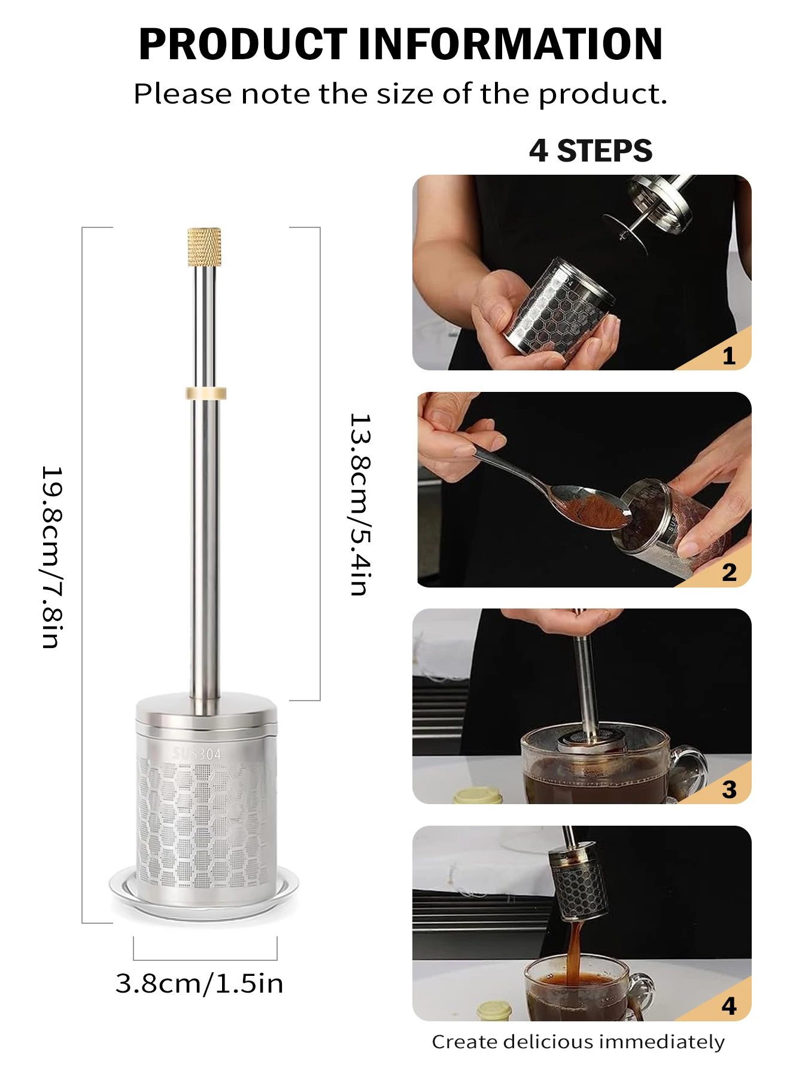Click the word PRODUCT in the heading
[242, 44]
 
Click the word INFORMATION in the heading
[511, 44]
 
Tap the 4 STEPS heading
[591, 150]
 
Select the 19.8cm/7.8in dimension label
[52, 557]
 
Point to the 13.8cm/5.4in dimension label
[360, 504]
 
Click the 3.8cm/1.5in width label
[199, 984]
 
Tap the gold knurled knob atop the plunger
[205, 247]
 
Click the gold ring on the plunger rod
[206, 393]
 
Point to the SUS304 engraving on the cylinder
[196, 754]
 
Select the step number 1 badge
[728, 356]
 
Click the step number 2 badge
[729, 573]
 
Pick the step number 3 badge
[729, 789]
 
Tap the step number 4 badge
[729, 1006]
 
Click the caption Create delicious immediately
[578, 1042]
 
